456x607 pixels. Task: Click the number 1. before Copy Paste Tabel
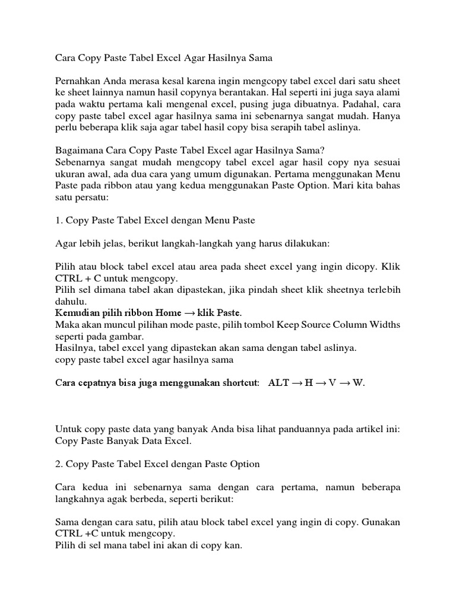tap(58, 221)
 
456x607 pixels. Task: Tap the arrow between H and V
tap(319, 383)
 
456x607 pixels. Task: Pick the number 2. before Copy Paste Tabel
tap(58, 464)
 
